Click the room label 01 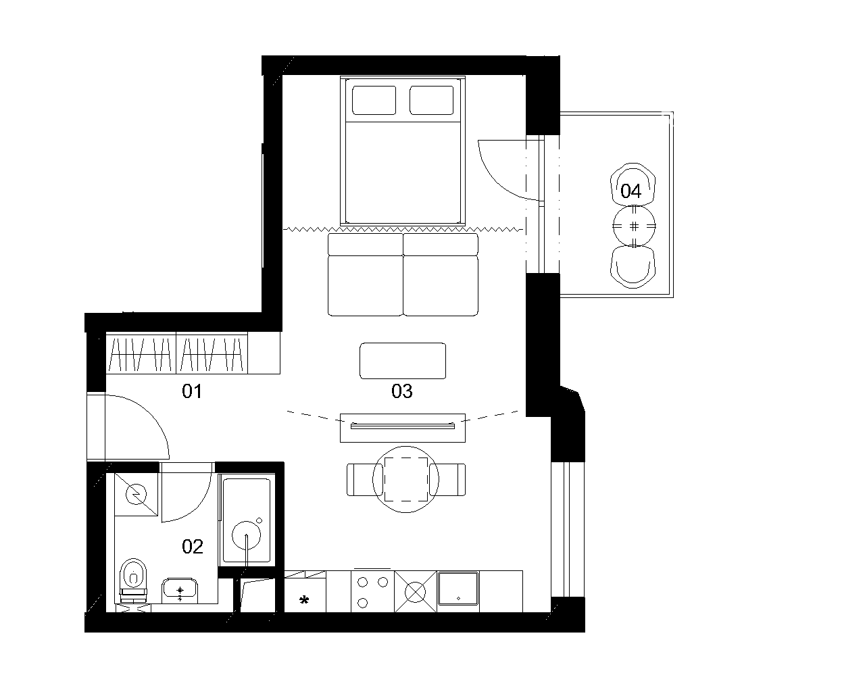[192, 391]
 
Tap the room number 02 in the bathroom [193, 547]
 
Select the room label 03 [402, 391]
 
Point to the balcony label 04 [631, 191]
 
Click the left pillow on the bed [374, 100]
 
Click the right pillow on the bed [432, 100]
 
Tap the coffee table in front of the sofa [403, 361]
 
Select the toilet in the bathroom [133, 580]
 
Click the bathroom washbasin [180, 591]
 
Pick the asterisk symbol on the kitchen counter [304, 600]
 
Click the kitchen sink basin [458, 588]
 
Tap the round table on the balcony [635, 226]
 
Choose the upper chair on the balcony [633, 184]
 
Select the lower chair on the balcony [633, 268]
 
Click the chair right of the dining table [447, 479]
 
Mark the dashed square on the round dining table [406, 479]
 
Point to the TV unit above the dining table [403, 428]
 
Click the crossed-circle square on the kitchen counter [415, 591]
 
